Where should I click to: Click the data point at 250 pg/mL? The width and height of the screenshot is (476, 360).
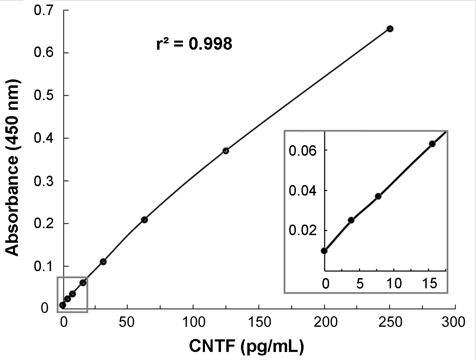[x=390, y=29]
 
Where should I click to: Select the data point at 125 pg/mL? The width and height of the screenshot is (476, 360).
[x=226, y=151]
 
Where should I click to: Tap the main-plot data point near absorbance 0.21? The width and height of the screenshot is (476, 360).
[x=144, y=220]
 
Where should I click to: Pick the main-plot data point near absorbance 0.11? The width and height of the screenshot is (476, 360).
[x=103, y=262]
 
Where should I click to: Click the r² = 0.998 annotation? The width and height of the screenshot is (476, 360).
[x=194, y=44]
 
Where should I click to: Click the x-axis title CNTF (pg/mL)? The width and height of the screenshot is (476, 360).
[x=247, y=346]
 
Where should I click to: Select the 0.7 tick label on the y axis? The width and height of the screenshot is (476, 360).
[x=43, y=10]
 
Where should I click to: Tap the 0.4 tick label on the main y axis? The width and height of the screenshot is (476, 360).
[x=43, y=138]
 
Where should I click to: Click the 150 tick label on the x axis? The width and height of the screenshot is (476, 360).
[x=258, y=322]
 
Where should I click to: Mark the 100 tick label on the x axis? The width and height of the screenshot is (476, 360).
[x=193, y=322]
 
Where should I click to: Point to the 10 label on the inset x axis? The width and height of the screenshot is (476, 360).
[x=394, y=283]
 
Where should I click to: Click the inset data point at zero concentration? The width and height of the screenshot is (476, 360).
[x=325, y=250]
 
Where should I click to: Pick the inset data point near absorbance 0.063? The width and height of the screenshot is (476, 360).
[x=432, y=144]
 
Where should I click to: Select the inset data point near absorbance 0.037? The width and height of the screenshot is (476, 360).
[x=378, y=196]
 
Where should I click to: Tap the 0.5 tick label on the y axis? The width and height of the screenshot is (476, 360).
[x=43, y=96]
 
